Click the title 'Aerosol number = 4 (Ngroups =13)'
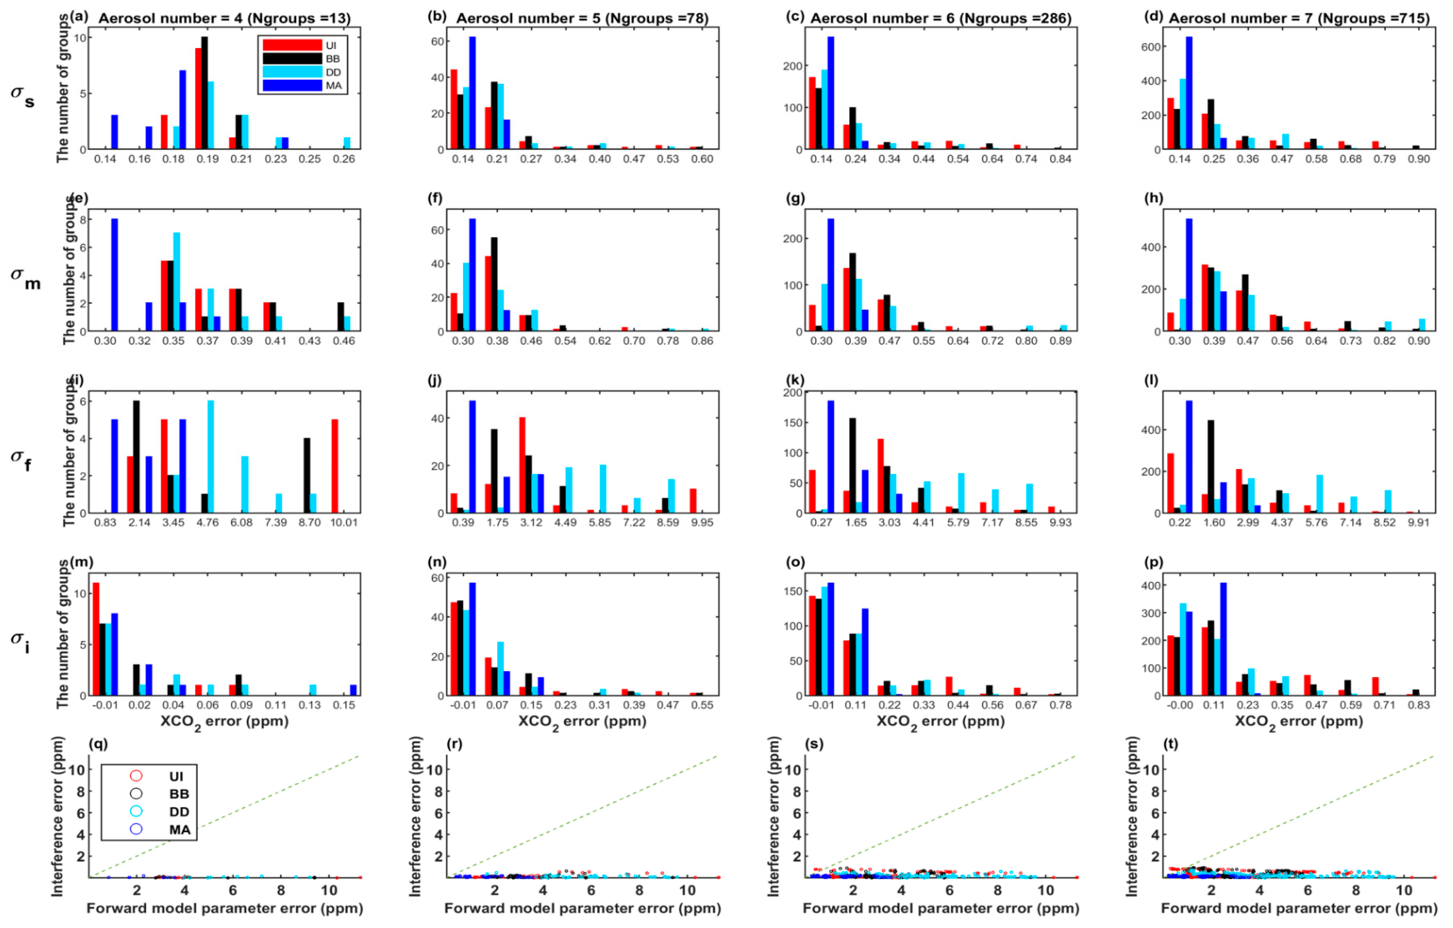[x=224, y=18]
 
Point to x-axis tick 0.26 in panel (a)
[x=344, y=159]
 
